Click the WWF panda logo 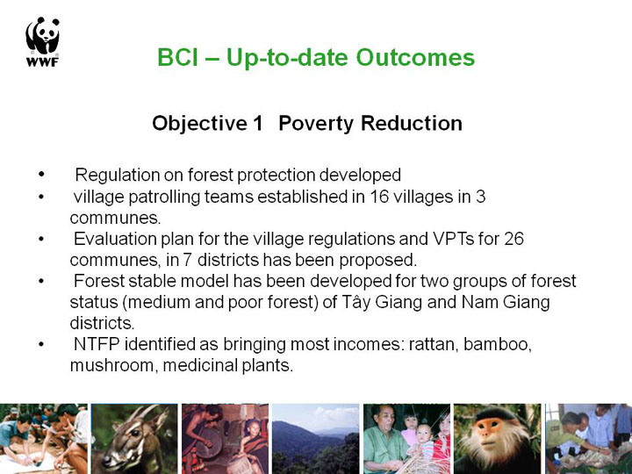(43, 42)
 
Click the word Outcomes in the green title (415, 57)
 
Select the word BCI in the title (177, 57)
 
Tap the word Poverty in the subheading (316, 124)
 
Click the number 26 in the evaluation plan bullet (513, 239)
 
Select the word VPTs (454, 239)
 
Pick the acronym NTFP (97, 344)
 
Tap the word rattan (434, 345)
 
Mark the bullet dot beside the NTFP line (40, 344)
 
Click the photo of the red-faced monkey (497, 439)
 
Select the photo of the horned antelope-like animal (134, 439)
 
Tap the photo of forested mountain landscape (316, 439)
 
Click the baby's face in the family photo (423, 434)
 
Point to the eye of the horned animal (134, 433)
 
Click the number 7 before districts (187, 260)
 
